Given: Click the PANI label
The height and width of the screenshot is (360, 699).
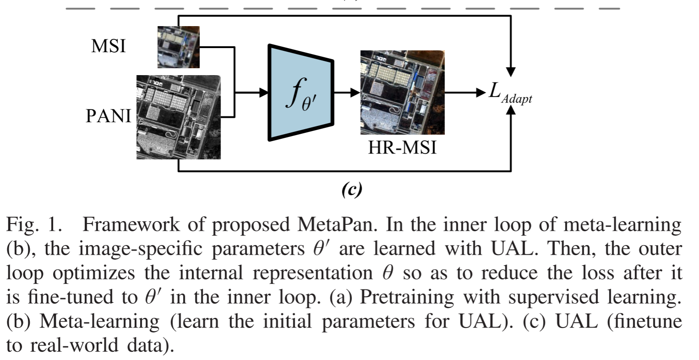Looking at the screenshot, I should pos(108,116).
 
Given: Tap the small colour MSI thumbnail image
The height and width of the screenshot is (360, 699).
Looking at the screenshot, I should pos(178,47).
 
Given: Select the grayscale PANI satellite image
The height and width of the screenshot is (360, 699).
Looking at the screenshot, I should pos(179,117).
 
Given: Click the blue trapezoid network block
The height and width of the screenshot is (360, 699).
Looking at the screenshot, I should pos(300,93).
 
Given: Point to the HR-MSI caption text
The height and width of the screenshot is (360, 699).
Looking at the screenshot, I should pos(402,148).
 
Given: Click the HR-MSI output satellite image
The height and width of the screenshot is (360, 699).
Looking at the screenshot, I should pos(402,93).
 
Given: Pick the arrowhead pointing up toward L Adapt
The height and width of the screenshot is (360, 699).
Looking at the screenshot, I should pos(511,112).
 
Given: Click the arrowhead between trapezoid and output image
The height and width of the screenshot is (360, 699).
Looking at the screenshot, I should pos(355,93).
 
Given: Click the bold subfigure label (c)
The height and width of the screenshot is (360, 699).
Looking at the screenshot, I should pos(352,189).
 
